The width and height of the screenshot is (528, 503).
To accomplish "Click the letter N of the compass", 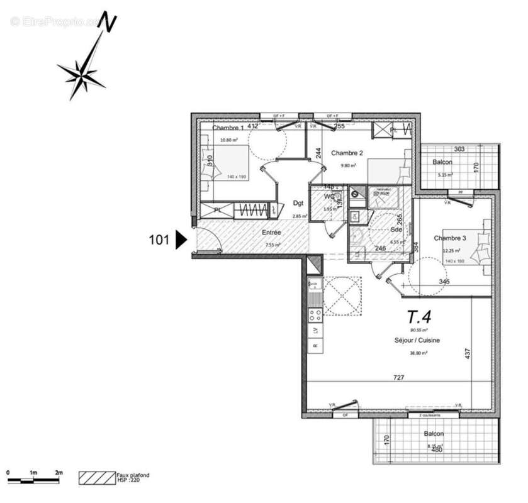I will [x=111, y=23].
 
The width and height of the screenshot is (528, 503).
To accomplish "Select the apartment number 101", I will [x=159, y=240].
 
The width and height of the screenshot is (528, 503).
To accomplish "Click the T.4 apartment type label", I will [x=419, y=316].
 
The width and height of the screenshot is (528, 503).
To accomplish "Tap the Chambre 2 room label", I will [x=347, y=153].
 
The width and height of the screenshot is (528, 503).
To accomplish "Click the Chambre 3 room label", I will [x=450, y=238].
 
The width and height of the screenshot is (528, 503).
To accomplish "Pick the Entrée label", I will [x=271, y=233].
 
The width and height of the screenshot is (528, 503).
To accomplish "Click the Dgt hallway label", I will [x=298, y=203].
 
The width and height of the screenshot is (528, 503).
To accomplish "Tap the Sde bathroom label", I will [x=396, y=229].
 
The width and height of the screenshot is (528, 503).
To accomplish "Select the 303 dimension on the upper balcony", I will [x=459, y=149].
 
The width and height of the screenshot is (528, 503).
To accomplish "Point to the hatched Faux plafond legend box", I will [x=96, y=478].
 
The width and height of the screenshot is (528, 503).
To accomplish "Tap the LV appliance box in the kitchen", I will [x=314, y=331].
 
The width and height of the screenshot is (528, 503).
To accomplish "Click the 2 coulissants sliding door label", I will [x=425, y=416].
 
